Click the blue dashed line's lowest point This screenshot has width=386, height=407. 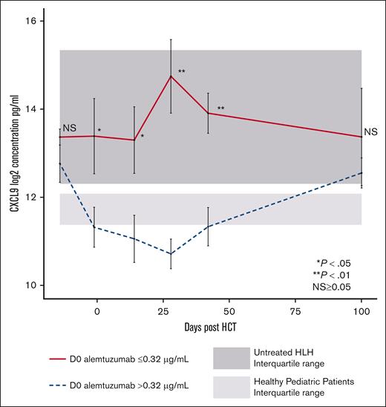tap(171, 254)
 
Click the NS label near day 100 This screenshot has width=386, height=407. tap(370, 132)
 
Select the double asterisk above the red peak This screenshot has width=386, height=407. tap(182, 72)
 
